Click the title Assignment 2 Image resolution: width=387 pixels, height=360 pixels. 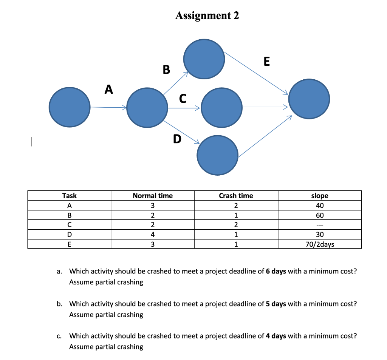pyautogui.click(x=207, y=15)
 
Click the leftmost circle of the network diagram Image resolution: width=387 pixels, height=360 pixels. pyautogui.click(x=70, y=107)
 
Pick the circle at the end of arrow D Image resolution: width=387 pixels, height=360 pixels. pyautogui.click(x=218, y=155)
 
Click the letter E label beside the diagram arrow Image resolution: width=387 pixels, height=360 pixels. pyautogui.click(x=266, y=61)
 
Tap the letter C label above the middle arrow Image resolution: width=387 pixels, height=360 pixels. pyautogui.click(x=183, y=98)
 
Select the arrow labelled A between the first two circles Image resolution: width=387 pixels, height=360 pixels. pyautogui.click(x=108, y=107)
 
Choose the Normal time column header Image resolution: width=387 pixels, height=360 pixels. pyautogui.click(x=152, y=196)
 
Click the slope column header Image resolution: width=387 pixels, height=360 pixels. pyautogui.click(x=319, y=196)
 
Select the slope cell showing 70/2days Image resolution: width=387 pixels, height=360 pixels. pyautogui.click(x=319, y=244)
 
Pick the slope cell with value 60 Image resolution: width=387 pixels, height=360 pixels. pyautogui.click(x=319, y=215)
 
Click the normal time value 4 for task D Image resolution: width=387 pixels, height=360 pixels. pyautogui.click(x=152, y=235)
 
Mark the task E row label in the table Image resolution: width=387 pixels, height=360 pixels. pyautogui.click(x=69, y=244)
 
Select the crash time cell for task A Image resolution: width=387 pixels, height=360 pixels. pyautogui.click(x=236, y=205)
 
